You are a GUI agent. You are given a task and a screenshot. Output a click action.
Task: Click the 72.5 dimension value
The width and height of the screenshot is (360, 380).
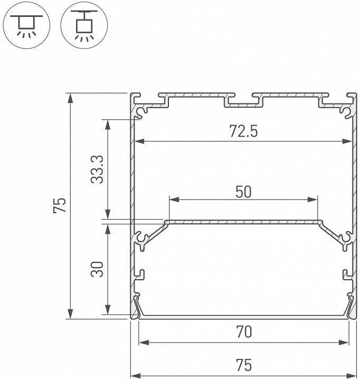(243, 131)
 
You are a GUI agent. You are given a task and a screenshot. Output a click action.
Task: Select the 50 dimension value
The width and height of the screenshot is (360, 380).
(243, 192)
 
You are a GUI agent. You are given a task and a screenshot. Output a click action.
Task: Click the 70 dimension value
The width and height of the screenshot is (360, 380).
(244, 332)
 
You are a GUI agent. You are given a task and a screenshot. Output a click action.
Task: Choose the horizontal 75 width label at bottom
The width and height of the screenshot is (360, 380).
(244, 365)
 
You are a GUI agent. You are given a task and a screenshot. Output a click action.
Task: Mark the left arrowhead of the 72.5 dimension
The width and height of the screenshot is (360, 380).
(138, 141)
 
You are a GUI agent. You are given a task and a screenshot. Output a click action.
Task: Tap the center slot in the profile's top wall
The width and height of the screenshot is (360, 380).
(243, 102)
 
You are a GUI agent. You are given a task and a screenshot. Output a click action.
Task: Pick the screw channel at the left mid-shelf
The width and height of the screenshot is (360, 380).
(141, 240)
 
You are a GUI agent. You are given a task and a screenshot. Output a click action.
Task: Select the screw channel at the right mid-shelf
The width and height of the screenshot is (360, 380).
(345, 240)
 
